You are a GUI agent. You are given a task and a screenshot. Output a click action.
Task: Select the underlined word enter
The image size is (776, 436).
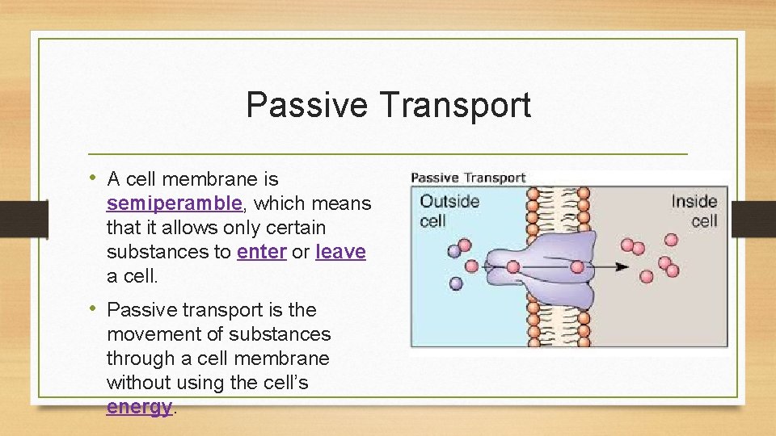[261, 252]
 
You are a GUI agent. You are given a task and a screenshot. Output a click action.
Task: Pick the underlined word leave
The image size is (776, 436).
[340, 252]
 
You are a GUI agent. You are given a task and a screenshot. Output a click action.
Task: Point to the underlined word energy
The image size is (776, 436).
[139, 407]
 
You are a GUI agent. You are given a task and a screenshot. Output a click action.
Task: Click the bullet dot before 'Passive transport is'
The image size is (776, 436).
[95, 309]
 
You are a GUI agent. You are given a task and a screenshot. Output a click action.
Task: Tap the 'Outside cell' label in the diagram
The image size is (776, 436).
[449, 210]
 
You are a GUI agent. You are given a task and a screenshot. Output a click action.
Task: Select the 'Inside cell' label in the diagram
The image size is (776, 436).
[694, 210]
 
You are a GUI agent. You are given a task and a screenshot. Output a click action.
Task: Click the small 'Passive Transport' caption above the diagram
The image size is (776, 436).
[468, 178]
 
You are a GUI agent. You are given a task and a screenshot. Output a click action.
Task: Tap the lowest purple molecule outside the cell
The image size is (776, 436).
[456, 283]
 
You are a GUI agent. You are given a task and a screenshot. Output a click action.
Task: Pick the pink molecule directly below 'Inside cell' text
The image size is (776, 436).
[672, 240]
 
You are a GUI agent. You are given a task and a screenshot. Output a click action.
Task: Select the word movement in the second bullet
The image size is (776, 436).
[150, 334]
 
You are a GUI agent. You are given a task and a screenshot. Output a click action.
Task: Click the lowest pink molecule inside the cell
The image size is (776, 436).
[646, 277]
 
